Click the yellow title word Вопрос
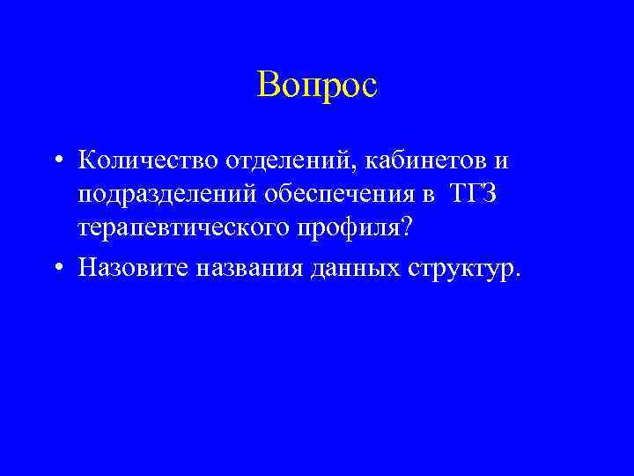[x=317, y=85]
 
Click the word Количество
[x=149, y=162]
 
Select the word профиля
[x=358, y=228]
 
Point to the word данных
[x=355, y=267]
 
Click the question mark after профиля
[x=407, y=227]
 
